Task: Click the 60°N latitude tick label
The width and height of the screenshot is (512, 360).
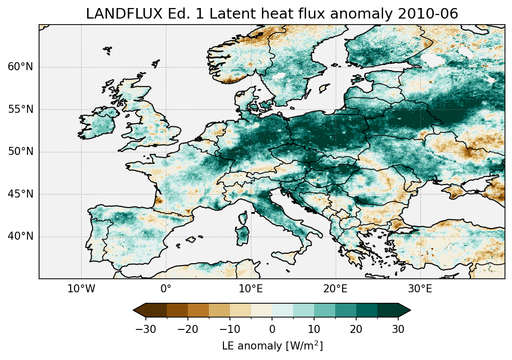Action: (x=20, y=67)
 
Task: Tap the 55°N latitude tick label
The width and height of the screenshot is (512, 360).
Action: (x=20, y=109)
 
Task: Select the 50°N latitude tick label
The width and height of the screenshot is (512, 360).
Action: (x=20, y=151)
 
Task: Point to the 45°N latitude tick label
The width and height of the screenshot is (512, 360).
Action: (x=20, y=194)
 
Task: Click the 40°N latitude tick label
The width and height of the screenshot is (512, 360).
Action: (x=20, y=236)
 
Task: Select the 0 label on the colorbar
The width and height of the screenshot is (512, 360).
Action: (x=272, y=329)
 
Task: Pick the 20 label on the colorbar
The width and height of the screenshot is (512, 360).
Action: (x=356, y=329)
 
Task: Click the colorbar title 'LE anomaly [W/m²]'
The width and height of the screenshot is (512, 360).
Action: (x=272, y=346)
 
